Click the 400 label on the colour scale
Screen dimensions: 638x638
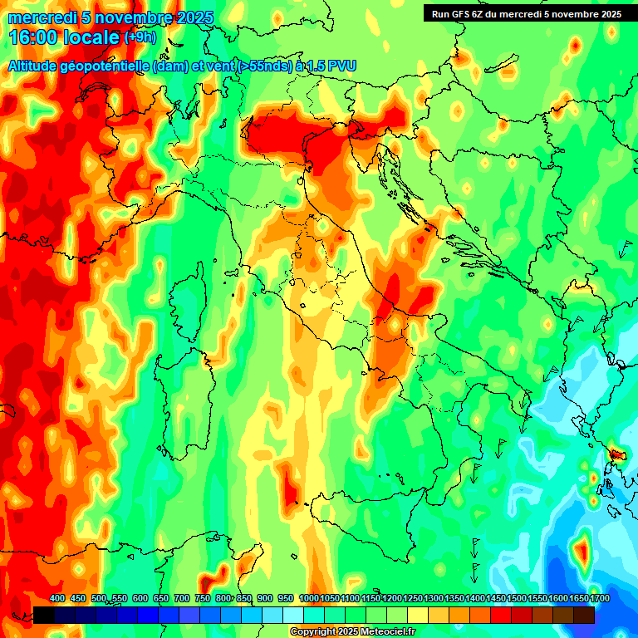[57, 598]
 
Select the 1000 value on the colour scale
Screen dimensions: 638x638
[308, 598]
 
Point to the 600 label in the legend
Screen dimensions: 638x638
[140, 598]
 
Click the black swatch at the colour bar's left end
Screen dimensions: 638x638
[44, 615]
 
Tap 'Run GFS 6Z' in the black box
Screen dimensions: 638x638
[462, 14]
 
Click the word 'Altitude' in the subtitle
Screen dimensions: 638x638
[37, 66]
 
